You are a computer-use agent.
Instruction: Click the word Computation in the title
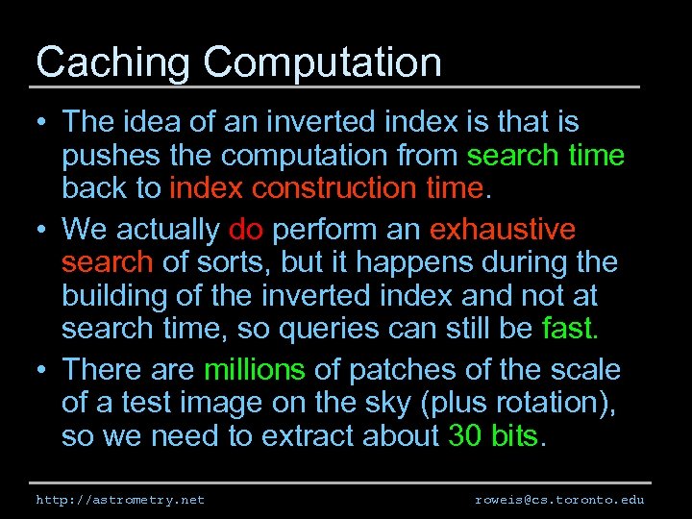(x=322, y=63)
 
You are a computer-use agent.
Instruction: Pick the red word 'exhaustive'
(x=503, y=231)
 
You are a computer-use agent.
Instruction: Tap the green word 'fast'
(x=567, y=329)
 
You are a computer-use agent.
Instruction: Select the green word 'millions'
(x=254, y=371)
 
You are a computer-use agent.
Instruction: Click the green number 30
(x=465, y=436)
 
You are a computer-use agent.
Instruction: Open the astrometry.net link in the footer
(x=120, y=500)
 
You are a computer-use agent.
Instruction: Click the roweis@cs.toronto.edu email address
(x=559, y=500)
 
